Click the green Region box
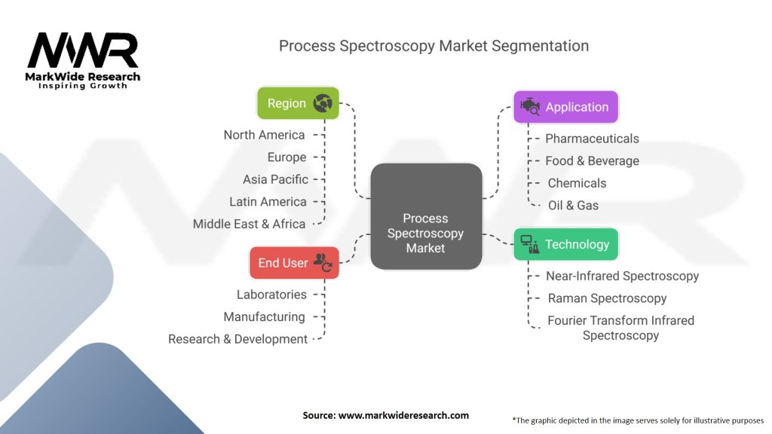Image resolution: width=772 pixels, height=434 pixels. tap(298, 103)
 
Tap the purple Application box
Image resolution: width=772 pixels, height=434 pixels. tap(565, 107)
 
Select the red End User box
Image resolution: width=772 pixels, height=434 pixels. tap(294, 263)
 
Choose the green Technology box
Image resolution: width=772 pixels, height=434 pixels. tap(565, 244)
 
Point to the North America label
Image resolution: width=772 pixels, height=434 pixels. tap(264, 135)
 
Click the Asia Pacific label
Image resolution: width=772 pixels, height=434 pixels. tap(275, 179)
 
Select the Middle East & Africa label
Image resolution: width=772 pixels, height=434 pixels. tap(249, 224)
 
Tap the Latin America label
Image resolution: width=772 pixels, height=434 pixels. tap(268, 202)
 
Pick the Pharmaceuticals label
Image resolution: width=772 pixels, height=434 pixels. tap(592, 139)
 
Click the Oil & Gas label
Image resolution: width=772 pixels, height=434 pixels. tap(573, 205)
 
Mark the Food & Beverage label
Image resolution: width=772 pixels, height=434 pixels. tap(592, 160)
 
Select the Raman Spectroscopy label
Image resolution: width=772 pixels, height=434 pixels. tap(607, 298)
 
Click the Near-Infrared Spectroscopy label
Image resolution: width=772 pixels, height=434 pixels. tap(622, 276)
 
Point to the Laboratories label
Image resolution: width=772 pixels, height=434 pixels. tap(271, 295)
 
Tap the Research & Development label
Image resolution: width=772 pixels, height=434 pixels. tap(237, 339)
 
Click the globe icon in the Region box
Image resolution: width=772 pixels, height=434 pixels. tap(323, 103)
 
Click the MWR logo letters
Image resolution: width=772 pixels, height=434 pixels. tap(83, 51)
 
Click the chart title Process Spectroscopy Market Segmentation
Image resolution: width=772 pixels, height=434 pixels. tap(433, 45)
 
